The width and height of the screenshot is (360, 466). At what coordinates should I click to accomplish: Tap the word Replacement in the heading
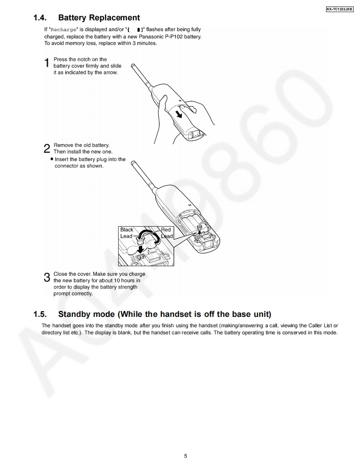point(114,18)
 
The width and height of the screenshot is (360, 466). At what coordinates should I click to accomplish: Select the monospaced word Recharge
point(64,30)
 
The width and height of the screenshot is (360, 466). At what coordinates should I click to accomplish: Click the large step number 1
point(47,63)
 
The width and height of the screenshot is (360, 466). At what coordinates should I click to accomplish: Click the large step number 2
point(47,149)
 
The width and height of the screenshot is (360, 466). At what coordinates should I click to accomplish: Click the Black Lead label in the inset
point(127,233)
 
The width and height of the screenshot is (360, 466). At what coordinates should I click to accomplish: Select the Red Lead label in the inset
point(166,233)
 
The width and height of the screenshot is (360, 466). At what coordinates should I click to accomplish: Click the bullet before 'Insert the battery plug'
point(52,159)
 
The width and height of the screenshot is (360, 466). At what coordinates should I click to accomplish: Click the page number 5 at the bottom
point(185,456)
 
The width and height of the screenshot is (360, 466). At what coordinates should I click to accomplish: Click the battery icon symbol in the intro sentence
point(138,30)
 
